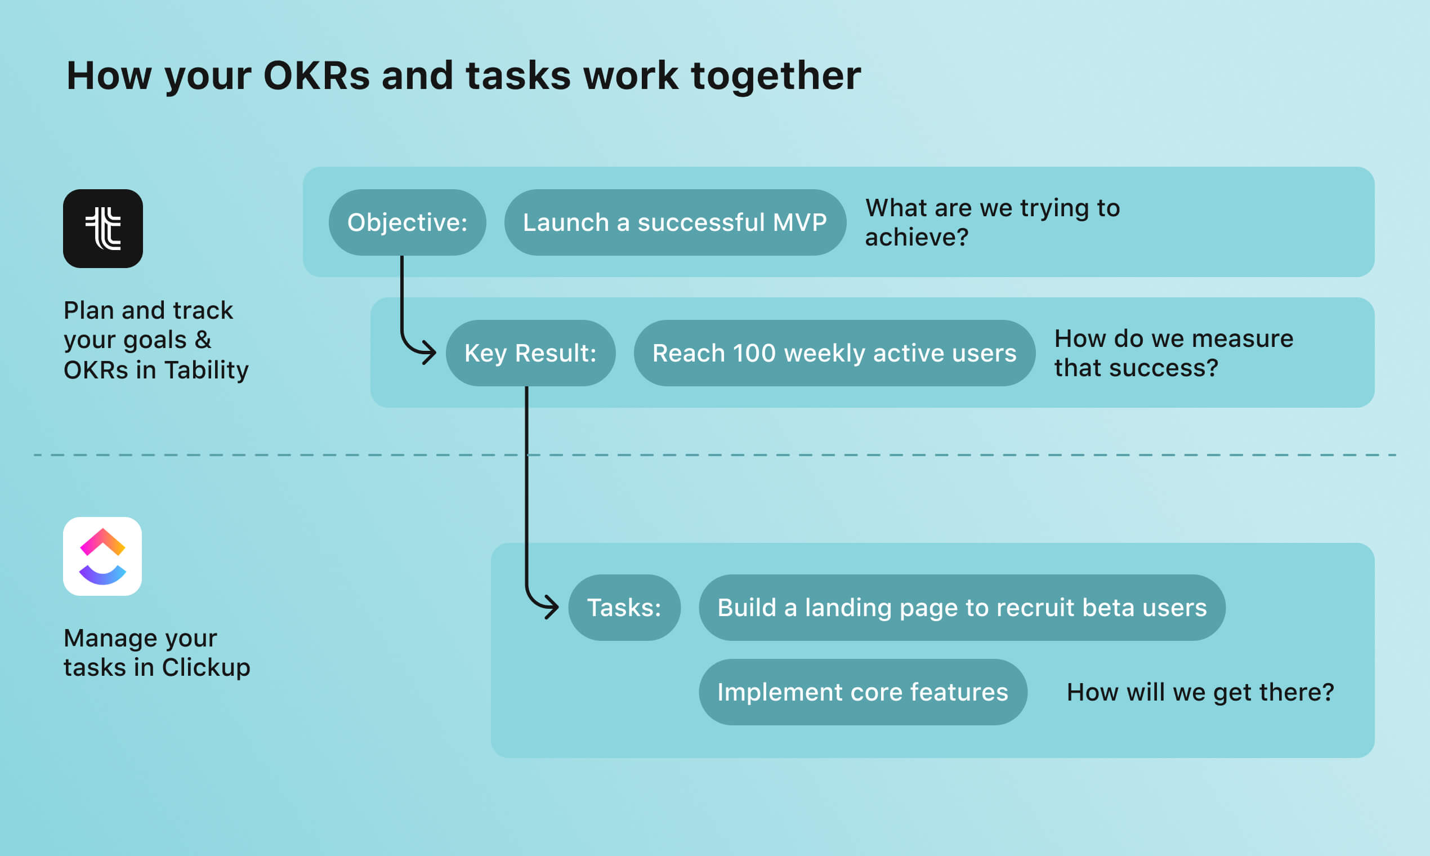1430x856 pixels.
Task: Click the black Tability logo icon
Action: tap(102, 229)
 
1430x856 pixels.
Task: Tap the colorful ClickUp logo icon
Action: tap(102, 556)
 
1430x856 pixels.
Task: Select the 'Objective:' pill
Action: tap(407, 222)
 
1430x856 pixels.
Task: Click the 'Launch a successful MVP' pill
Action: tap(674, 222)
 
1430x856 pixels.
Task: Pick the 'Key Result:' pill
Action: tap(530, 353)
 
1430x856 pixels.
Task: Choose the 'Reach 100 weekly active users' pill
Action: tap(834, 353)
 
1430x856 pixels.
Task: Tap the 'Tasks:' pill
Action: tap(624, 608)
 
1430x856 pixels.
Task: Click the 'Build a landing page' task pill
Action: tap(962, 608)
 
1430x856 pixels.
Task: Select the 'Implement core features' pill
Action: tap(863, 692)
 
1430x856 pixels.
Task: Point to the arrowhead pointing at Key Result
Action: tap(430, 352)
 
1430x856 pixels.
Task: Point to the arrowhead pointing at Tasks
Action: tap(552, 607)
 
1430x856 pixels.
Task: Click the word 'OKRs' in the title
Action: tap(316, 75)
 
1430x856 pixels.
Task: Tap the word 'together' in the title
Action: tap(776, 77)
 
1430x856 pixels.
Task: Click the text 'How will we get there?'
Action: tap(1200, 692)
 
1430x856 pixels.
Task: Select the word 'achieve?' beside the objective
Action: tap(916, 237)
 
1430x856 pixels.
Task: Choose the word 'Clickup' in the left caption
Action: tap(206, 667)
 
